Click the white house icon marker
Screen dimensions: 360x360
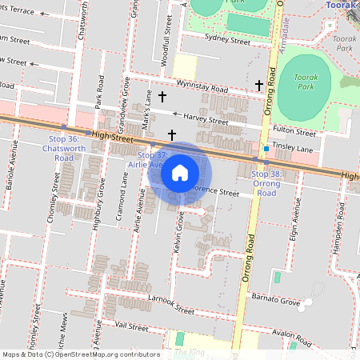click(180, 172)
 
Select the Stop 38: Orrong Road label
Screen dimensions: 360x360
click(266, 183)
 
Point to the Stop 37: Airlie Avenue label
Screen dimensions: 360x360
click(151, 158)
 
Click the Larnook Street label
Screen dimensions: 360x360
click(172, 305)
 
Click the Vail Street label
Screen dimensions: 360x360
click(132, 327)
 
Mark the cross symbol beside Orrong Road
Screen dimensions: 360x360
click(258, 85)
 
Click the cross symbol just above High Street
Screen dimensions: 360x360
click(171, 134)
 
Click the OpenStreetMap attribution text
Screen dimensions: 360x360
click(80, 354)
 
